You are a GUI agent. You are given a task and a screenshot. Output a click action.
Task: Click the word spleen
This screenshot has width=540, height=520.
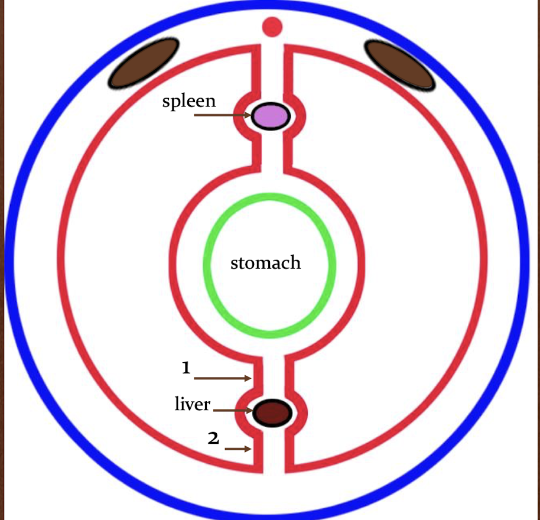189,101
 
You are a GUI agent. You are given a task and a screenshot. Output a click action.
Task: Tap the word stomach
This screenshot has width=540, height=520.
265,262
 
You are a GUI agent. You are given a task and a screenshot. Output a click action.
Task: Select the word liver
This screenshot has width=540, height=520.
193,404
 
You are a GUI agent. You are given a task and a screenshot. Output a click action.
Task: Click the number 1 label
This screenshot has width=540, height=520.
186,368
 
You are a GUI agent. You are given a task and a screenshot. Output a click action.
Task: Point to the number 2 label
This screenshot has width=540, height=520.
213,438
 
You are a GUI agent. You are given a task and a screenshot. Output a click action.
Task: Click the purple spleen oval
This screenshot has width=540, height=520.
271,116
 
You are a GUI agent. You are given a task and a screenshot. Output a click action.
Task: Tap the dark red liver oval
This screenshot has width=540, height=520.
272,412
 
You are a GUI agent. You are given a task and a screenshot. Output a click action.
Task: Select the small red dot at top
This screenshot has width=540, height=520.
272,27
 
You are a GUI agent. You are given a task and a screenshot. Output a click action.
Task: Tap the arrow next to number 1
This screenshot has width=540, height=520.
222,378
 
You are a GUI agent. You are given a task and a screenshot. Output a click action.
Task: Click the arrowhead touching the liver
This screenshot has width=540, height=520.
250,410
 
